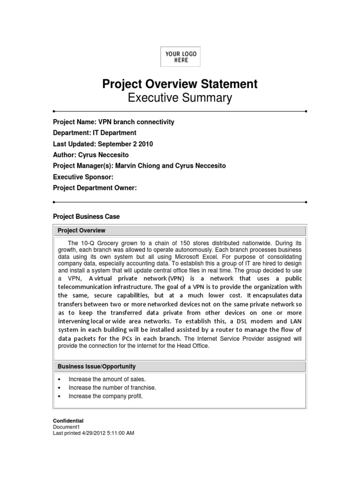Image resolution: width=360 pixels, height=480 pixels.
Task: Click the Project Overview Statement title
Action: pyautogui.click(x=180, y=84)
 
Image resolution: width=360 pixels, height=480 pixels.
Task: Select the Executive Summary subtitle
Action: pyautogui.click(x=180, y=98)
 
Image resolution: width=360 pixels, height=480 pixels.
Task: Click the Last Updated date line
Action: pyautogui.click(x=103, y=144)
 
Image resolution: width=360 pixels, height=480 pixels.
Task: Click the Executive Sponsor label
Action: pyautogui.click(x=83, y=177)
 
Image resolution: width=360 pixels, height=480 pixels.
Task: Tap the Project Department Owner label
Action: pyautogui.click(x=95, y=187)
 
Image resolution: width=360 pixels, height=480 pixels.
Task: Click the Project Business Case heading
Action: pyautogui.click(x=86, y=217)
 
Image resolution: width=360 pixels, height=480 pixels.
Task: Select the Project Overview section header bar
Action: pyautogui.click(x=180, y=231)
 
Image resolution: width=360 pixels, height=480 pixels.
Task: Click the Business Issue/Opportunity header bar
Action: pyautogui.click(x=180, y=366)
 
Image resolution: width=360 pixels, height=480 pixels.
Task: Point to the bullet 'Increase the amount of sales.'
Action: pyautogui.click(x=107, y=379)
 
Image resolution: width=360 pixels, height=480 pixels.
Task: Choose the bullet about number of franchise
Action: pyautogui.click(x=112, y=388)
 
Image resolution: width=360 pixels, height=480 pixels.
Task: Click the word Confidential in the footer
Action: pyautogui.click(x=68, y=421)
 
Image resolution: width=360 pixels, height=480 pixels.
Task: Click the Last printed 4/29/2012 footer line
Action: pyautogui.click(x=93, y=433)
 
